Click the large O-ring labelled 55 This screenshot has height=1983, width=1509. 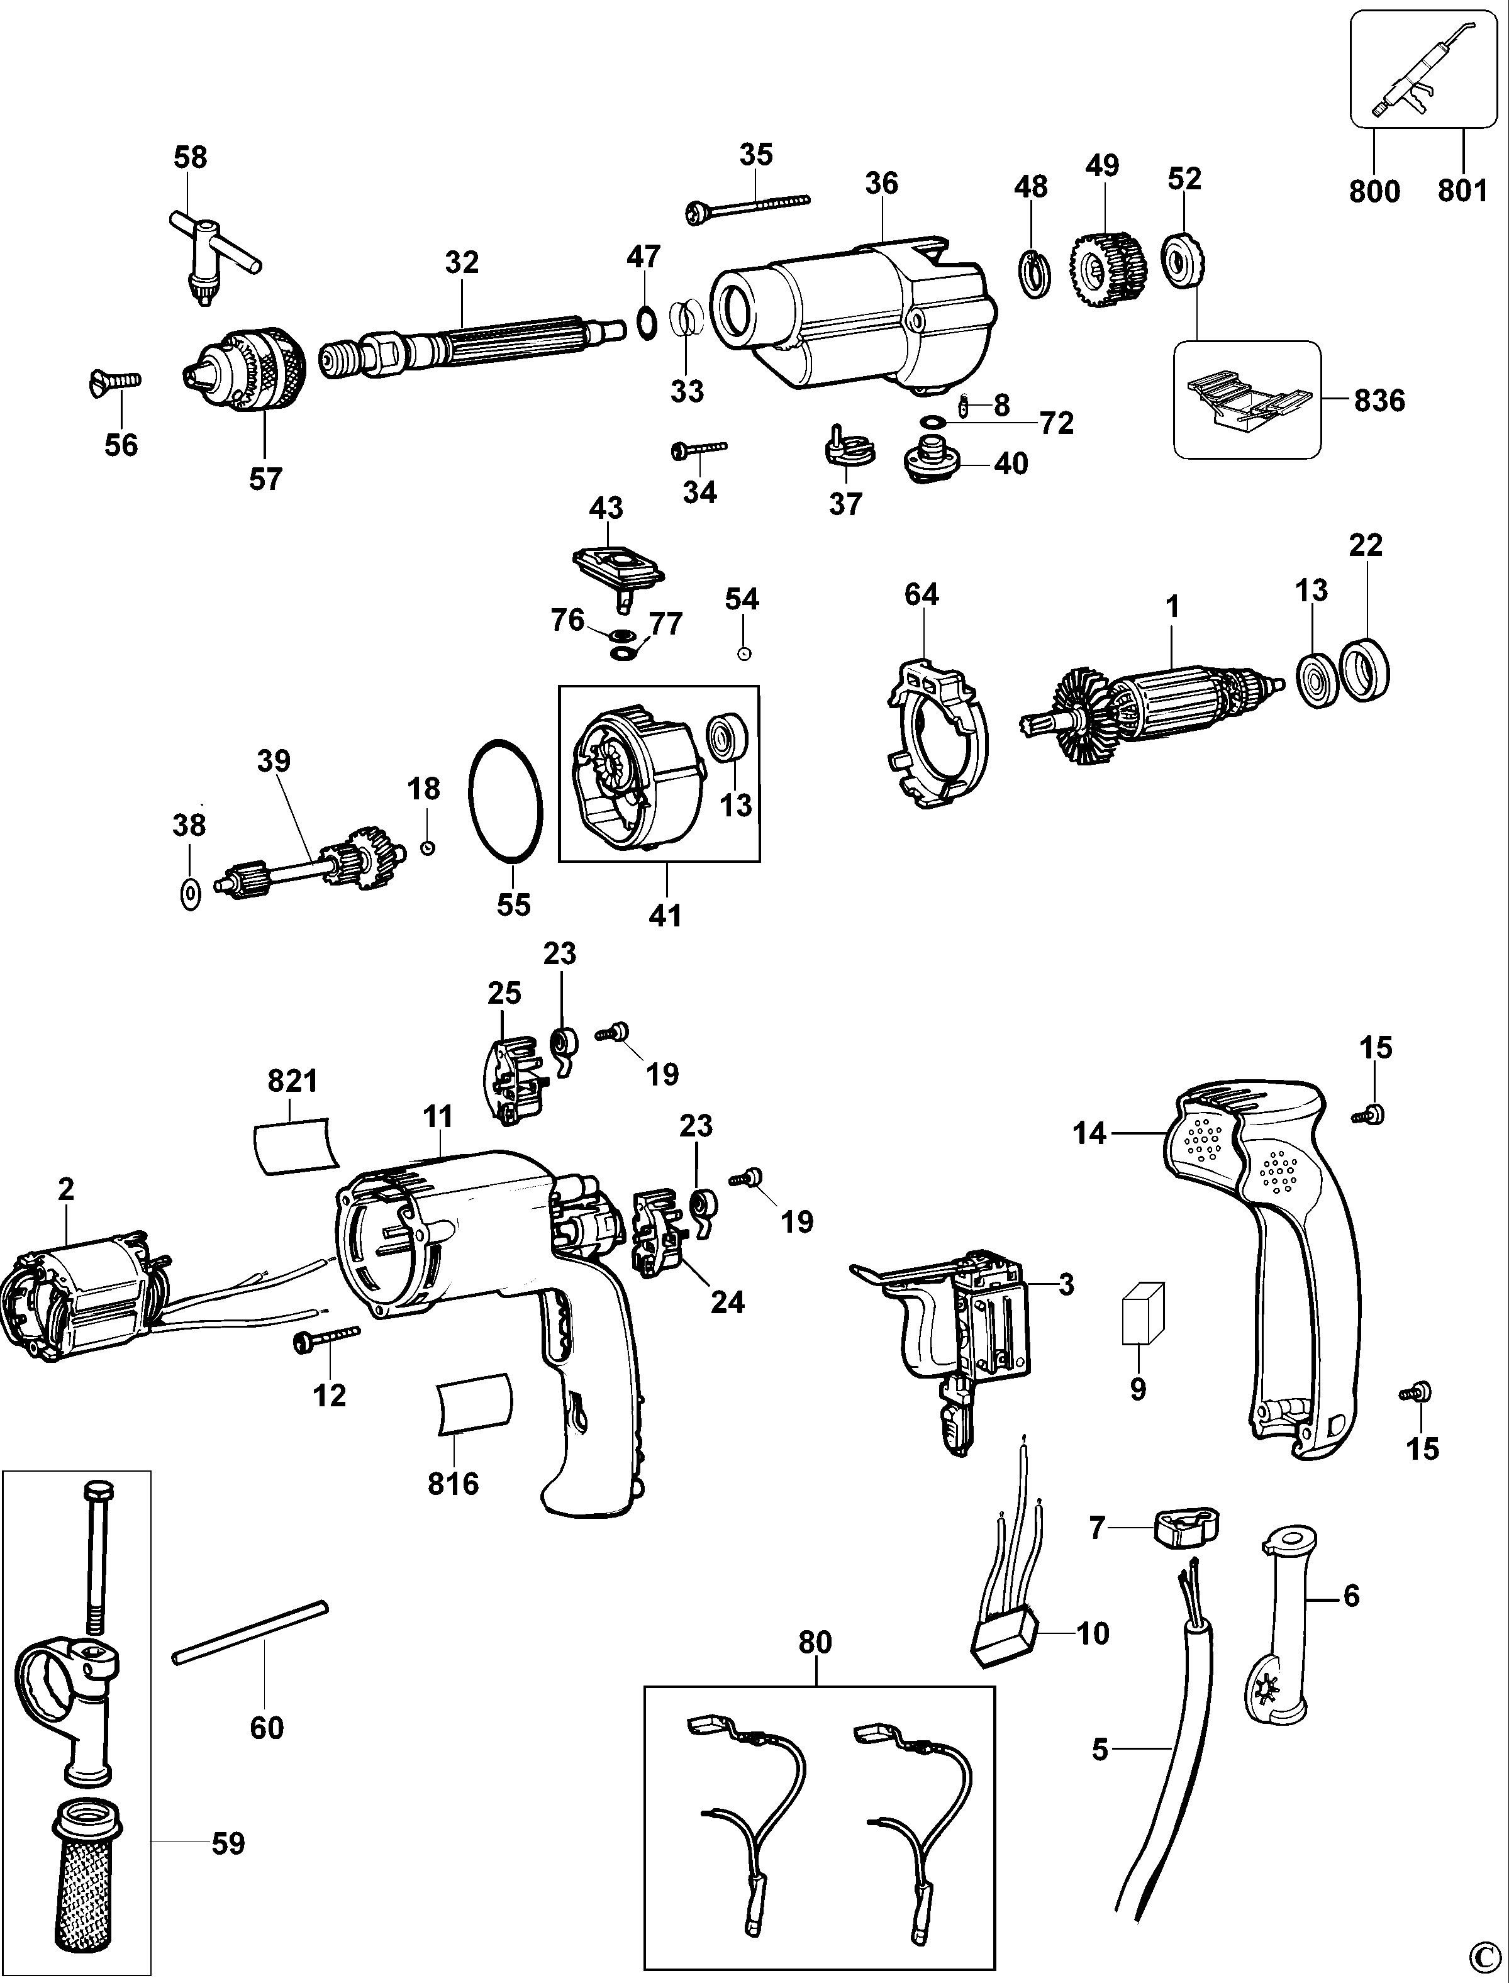pyautogui.click(x=506, y=801)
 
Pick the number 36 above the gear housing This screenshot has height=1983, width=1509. pyautogui.click(x=881, y=183)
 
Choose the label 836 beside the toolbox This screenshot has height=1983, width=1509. pyautogui.click(x=1379, y=401)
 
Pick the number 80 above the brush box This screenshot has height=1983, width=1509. pyautogui.click(x=816, y=1643)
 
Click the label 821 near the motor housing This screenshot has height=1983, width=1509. pyautogui.click(x=293, y=1081)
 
